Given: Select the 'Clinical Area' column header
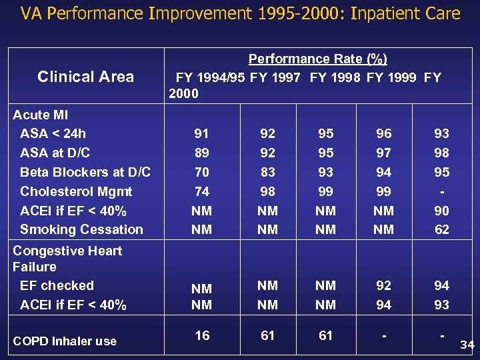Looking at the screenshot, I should (x=86, y=77).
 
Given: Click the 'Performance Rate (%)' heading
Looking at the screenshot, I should (x=317, y=59).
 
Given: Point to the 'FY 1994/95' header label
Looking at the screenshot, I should (x=211, y=77).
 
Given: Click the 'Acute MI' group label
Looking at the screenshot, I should (x=41, y=115).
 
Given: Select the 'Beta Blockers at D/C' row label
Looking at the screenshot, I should (x=85, y=172).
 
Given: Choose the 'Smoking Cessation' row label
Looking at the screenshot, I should (x=81, y=229).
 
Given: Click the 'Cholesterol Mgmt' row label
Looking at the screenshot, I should (x=76, y=191).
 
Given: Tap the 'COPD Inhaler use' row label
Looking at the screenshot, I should (x=65, y=341).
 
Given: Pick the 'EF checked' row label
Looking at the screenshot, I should (x=57, y=285).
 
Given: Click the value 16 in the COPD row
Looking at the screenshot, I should (x=201, y=335).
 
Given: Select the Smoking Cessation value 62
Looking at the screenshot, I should (x=441, y=230).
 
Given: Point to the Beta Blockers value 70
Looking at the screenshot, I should (x=201, y=172).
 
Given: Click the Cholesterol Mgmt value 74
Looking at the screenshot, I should (x=201, y=191).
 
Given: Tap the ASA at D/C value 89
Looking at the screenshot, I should (x=201, y=153).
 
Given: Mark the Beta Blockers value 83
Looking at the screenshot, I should (x=267, y=172).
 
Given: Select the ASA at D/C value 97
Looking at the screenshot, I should (x=383, y=153).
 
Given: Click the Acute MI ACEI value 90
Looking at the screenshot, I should (x=441, y=211).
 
